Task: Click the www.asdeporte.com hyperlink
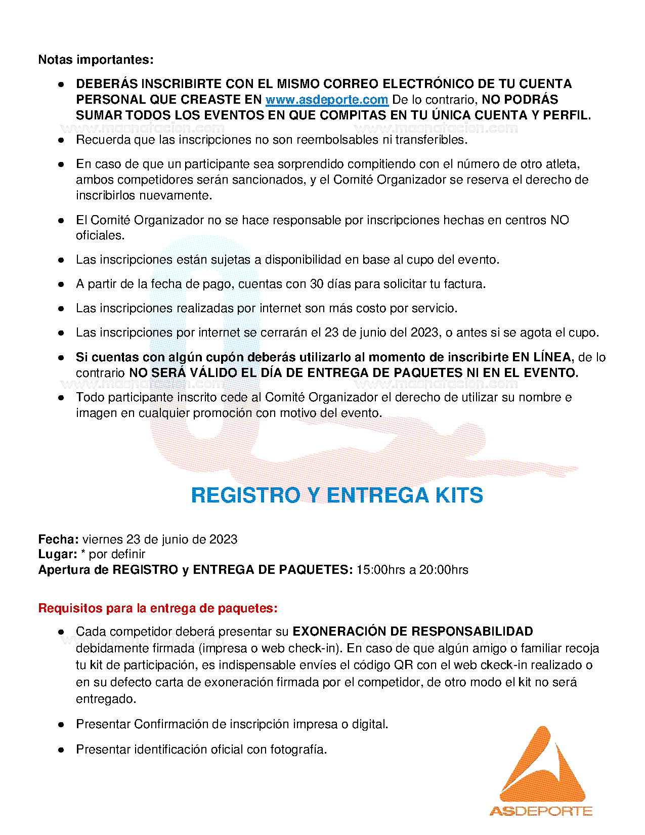tap(326, 100)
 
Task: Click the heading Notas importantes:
tap(96, 60)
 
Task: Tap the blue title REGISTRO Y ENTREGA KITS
tap(337, 495)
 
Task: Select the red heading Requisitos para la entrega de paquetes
tap(158, 608)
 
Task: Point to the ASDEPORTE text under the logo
tap(541, 811)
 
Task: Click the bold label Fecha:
tap(58, 539)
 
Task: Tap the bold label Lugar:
tap(58, 554)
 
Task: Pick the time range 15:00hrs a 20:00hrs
tap(412, 570)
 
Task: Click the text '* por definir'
tap(113, 554)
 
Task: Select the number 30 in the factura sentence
tap(317, 284)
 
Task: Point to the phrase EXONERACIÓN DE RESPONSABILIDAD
tap(413, 632)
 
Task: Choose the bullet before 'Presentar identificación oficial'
tap(61, 749)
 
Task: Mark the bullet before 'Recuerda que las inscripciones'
tap(61, 140)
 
